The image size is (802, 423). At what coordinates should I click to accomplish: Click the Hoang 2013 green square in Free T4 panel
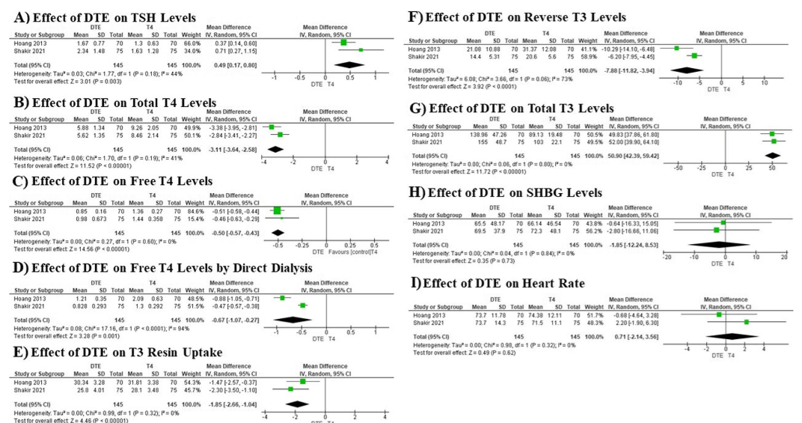click(278, 210)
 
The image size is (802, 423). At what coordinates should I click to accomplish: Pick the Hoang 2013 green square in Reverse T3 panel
click(676, 48)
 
